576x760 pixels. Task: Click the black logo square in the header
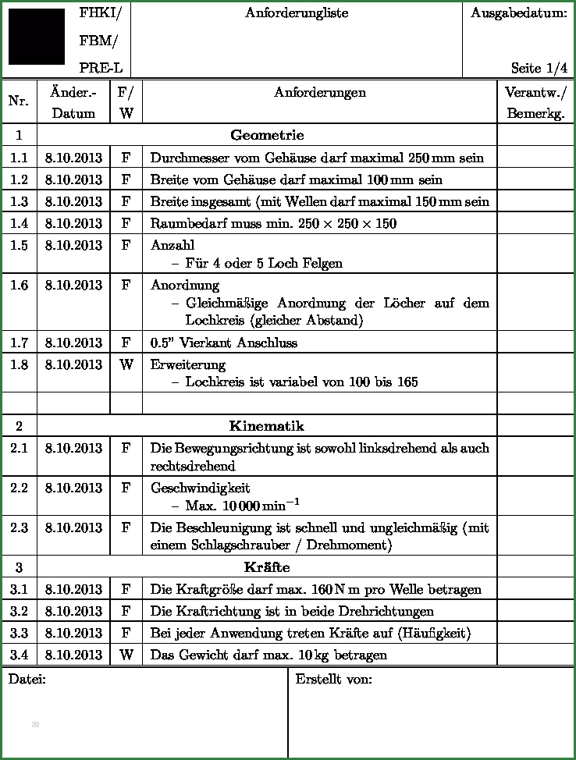coord(36,37)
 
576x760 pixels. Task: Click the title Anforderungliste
coord(297,13)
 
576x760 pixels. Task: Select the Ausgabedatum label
coord(519,13)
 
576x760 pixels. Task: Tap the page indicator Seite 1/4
coord(539,68)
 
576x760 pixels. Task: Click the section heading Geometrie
coord(267,135)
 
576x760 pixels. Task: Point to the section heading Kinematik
coord(267,426)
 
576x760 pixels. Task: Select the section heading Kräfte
coord(267,566)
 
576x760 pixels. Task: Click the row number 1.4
coord(19,224)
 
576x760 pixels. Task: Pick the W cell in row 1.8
coord(126,364)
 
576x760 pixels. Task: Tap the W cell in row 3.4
coord(126,655)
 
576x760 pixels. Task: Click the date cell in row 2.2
coord(73,488)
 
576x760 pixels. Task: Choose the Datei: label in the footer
coord(27,679)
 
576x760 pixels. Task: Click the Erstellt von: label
coord(333,679)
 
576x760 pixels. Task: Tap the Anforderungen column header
coord(320,93)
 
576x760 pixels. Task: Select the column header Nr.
coord(19,101)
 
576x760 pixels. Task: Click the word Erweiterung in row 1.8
coord(188,364)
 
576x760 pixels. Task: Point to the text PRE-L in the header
coord(101,68)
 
